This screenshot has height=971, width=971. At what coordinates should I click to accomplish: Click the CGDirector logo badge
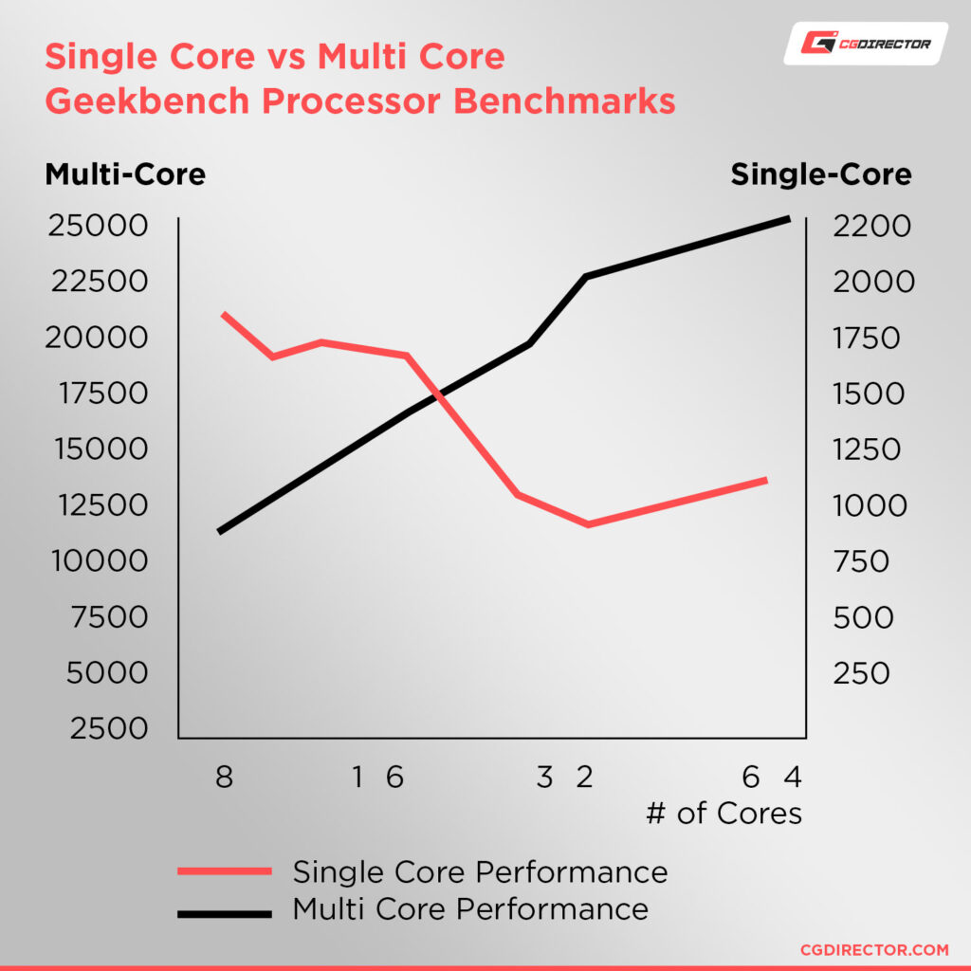coord(865,44)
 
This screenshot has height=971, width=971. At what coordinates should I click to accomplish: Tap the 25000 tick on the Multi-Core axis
coord(97,227)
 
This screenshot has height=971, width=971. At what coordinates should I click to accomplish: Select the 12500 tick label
coord(97,504)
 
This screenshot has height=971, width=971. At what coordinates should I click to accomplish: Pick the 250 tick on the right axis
coord(862,672)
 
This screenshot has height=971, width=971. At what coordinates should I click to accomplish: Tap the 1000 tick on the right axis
coord(869,505)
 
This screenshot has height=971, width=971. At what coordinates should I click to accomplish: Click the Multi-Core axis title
coord(125,175)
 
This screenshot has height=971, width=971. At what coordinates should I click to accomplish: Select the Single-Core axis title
coord(821,175)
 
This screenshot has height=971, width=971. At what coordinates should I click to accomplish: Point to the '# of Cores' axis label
coord(724,814)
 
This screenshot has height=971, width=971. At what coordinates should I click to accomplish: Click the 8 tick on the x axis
coord(224,779)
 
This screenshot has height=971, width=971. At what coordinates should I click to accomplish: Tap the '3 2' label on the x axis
coord(564,779)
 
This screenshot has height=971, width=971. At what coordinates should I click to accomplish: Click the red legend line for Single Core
coord(225,872)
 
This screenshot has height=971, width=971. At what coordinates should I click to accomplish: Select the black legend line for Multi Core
coord(225,912)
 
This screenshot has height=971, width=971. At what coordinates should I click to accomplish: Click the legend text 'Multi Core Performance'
coord(470,908)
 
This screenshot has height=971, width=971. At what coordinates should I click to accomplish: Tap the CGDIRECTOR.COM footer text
coord(874,949)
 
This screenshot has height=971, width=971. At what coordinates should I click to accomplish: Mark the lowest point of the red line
coord(588,524)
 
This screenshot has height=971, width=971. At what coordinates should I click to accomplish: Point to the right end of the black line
coord(788,219)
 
